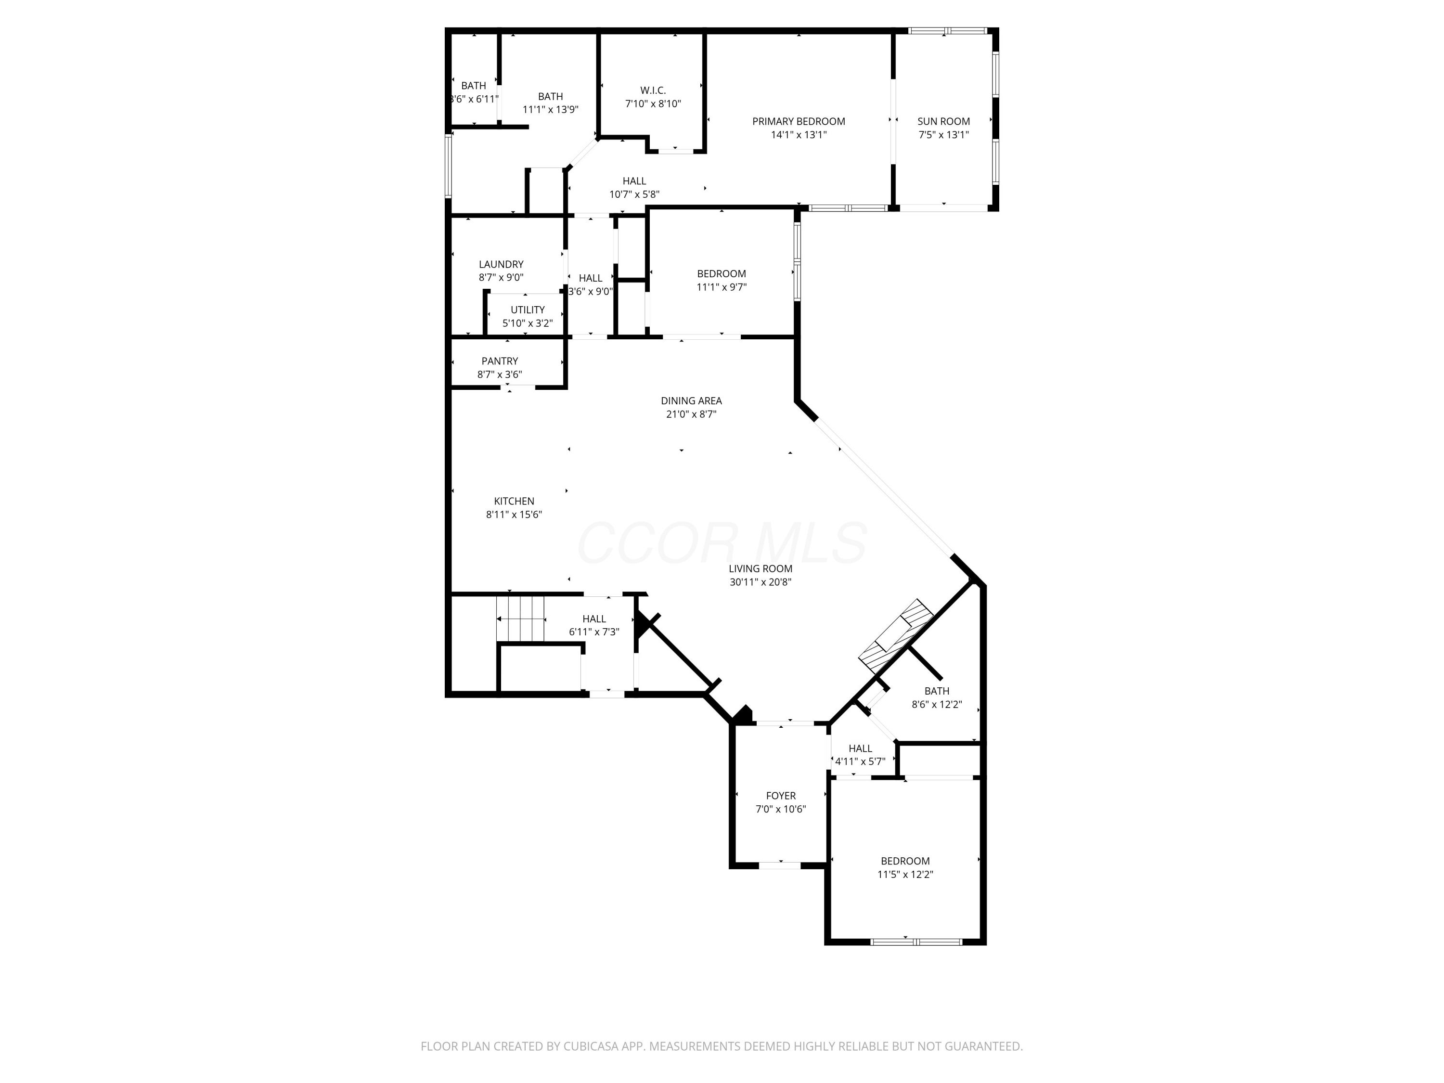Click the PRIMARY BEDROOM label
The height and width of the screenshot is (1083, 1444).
(799, 121)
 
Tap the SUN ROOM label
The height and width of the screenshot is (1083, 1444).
(943, 121)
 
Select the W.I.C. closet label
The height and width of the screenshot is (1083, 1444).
(653, 90)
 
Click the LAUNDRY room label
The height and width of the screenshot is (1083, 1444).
(501, 264)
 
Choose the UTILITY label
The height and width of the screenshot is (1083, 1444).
(528, 310)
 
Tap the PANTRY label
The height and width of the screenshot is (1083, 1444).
(500, 361)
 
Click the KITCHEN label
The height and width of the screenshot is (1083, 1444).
(514, 502)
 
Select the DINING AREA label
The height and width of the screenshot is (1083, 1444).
(691, 401)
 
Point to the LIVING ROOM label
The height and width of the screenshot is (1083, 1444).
(761, 568)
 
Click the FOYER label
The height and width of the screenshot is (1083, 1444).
(781, 796)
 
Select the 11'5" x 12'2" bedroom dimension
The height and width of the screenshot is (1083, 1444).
(905, 875)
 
